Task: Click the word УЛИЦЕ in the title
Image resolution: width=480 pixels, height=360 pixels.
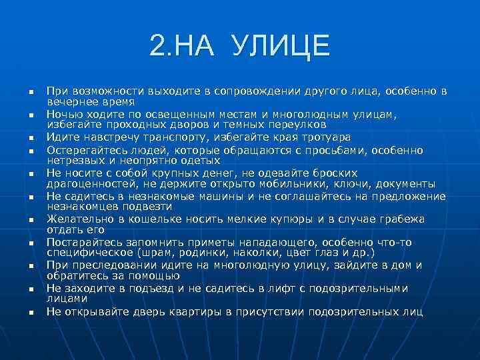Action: pyautogui.click(x=281, y=46)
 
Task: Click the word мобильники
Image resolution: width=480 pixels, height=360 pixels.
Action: pyautogui.click(x=308, y=185)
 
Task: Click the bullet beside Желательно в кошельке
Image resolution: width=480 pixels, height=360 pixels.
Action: pyautogui.click(x=31, y=219)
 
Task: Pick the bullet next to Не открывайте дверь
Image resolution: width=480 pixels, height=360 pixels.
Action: pyautogui.click(x=31, y=312)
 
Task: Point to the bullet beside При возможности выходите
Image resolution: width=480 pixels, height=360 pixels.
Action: pyautogui.click(x=31, y=91)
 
